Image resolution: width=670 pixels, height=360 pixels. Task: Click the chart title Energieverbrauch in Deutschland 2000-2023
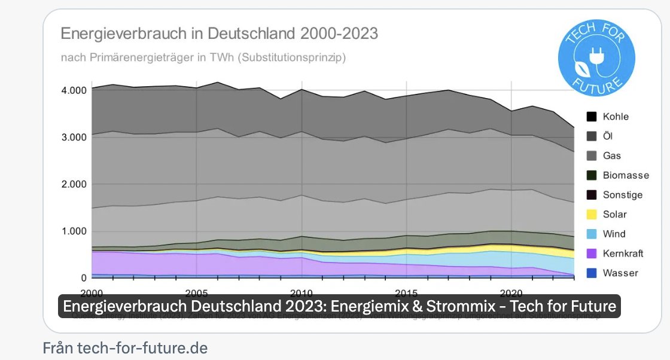pos(219,33)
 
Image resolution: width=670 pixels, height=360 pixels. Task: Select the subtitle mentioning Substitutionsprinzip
pos(203,58)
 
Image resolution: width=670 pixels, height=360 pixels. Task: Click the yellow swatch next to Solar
pos(591,215)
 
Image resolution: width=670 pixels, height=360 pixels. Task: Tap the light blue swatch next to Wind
pos(591,234)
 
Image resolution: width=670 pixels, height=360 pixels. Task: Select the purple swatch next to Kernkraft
pos(591,254)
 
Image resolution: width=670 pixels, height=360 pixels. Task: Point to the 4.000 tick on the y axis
pos(75,90)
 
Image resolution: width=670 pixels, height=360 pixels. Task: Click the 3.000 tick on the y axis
pos(75,137)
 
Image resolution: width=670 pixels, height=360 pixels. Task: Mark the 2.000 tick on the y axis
pos(75,184)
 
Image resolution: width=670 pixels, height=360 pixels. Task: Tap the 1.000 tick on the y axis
pos(75,231)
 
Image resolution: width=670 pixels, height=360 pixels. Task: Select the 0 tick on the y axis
pos(84,278)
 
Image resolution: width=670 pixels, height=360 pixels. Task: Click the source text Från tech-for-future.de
pos(125,347)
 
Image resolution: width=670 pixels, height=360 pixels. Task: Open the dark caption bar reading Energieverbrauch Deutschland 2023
pos(339,306)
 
